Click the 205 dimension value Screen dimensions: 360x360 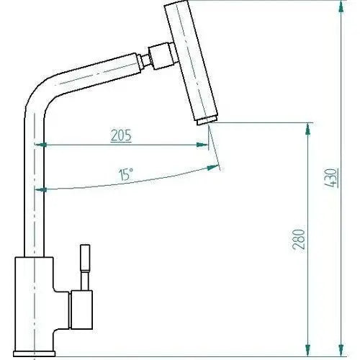(x=121, y=135)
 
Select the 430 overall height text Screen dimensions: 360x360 (x=331, y=176)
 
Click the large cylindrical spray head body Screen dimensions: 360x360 (x=193, y=61)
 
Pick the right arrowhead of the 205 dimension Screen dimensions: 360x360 (x=202, y=144)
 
